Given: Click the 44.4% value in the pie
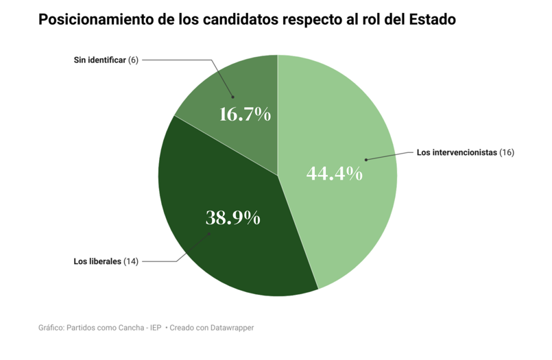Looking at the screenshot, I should coord(334,174).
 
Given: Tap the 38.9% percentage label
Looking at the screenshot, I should coord(233,218).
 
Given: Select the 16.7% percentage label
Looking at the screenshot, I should coord(245,114).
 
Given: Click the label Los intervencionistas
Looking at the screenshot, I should coord(456,152).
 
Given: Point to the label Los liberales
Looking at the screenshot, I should coord(97,261).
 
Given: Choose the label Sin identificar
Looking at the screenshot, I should coord(99,60).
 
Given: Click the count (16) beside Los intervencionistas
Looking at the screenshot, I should coord(507,152).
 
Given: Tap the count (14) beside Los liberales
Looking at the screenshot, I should coord(131,261).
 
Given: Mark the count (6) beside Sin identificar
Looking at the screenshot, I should coord(133,60).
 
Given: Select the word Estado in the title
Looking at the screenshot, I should coord(431,20).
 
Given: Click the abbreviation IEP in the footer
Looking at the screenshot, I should coord(155,328).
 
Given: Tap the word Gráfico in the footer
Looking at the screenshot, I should coord(52,328).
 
